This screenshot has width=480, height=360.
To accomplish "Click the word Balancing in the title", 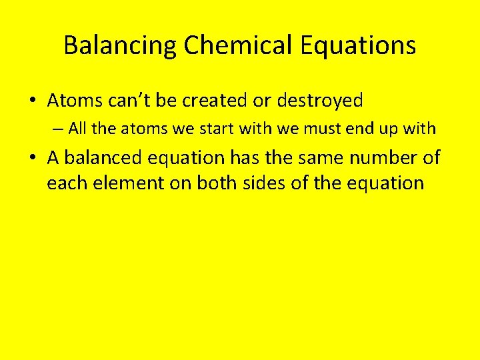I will point(121,45).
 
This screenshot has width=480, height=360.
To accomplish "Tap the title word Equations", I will point(359,45).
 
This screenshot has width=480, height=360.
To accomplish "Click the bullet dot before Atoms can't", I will point(32,101).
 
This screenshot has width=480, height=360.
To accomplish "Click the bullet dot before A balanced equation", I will point(32,158).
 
